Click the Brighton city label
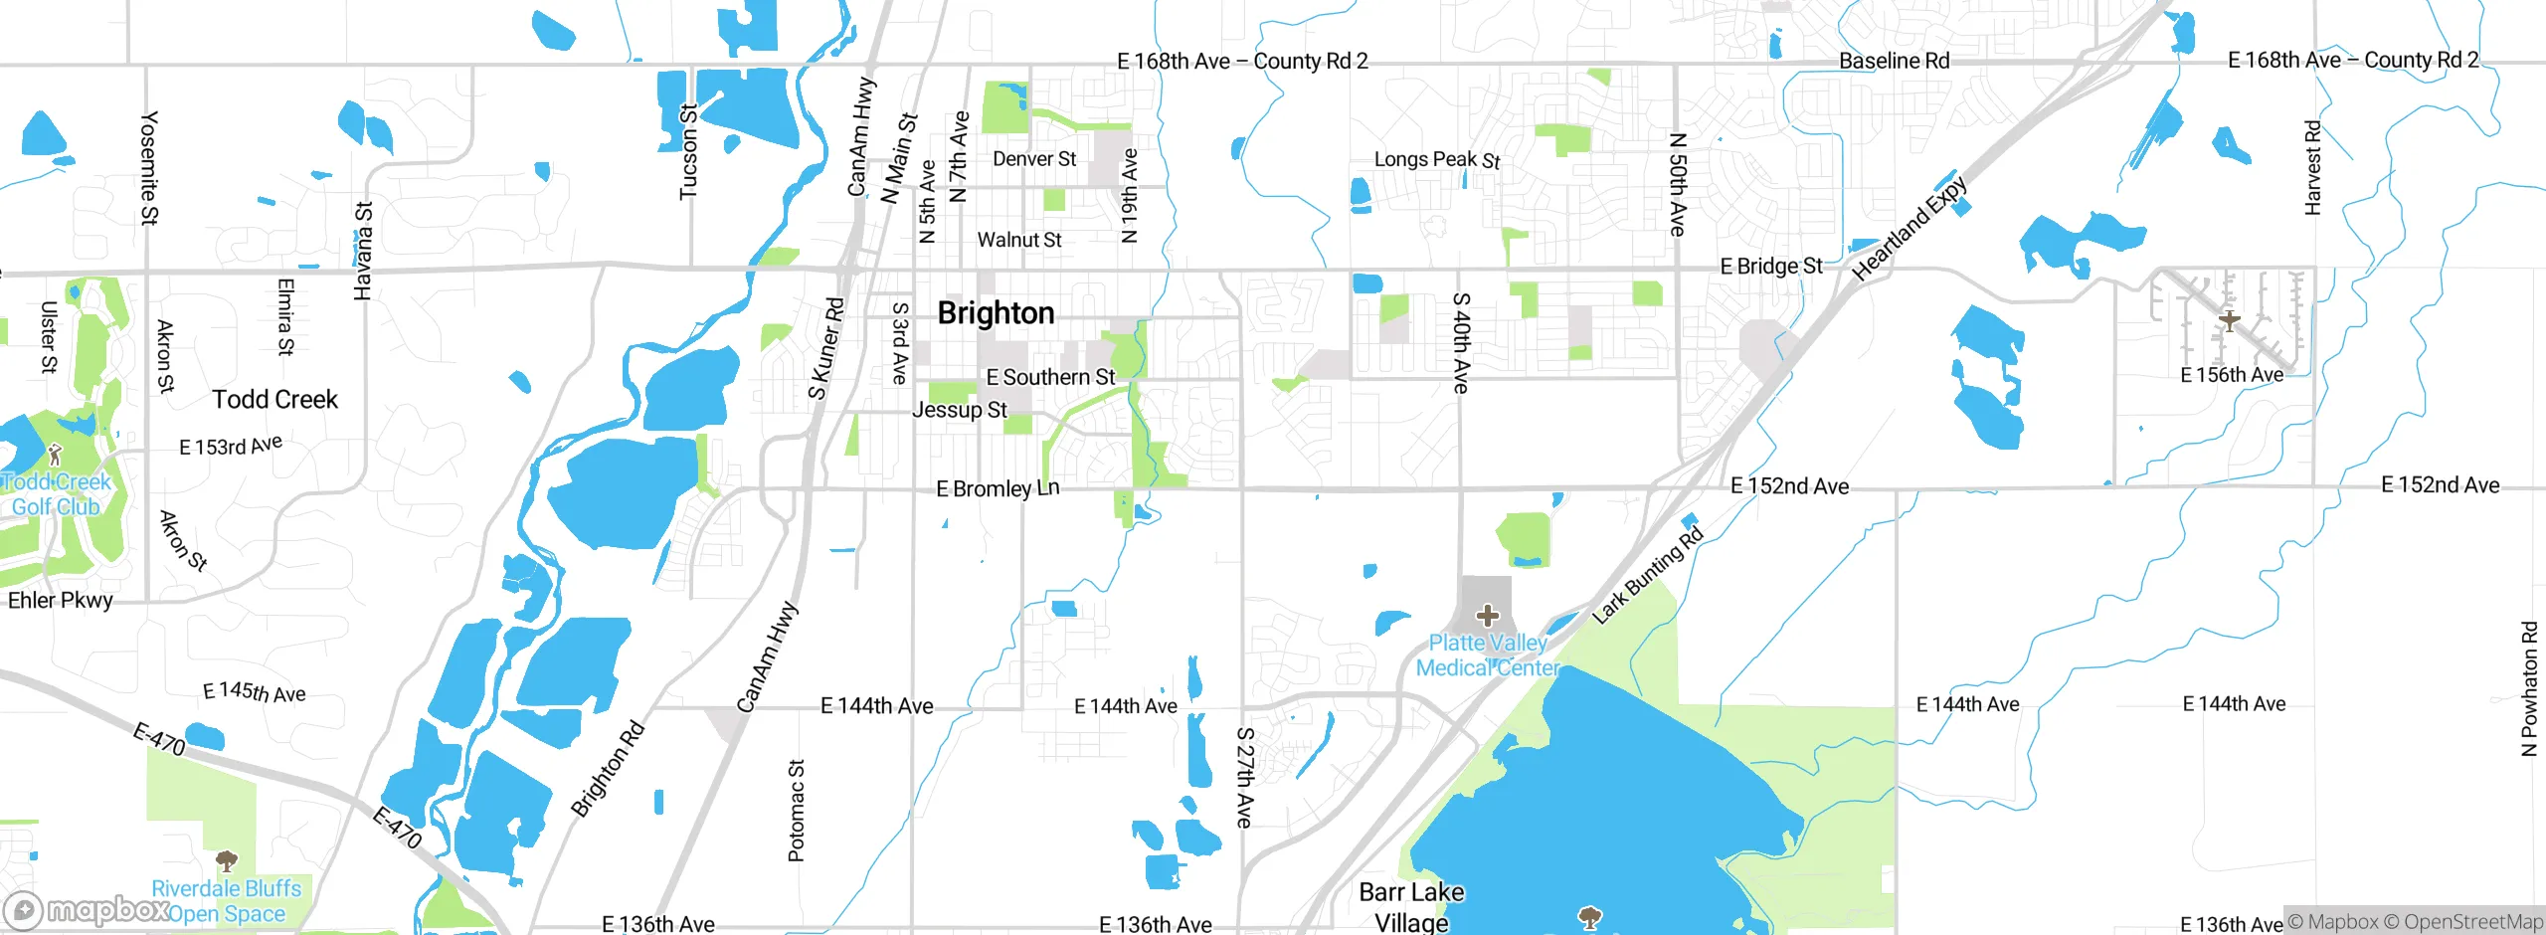[996, 313]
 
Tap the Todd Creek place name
[274, 400]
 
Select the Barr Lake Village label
[1411, 906]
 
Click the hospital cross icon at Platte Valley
[1487, 616]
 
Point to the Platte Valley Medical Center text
[1487, 655]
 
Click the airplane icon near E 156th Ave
[2230, 320]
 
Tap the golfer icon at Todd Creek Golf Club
[55, 456]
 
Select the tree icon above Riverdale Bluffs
[227, 860]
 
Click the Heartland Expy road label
[1909, 229]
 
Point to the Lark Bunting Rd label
[1647, 576]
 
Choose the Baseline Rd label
[1894, 61]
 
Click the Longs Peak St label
[1436, 159]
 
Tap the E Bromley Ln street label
[998, 488]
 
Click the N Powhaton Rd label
[2529, 688]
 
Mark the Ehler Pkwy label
[60, 600]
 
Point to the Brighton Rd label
[608, 769]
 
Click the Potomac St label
[797, 811]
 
